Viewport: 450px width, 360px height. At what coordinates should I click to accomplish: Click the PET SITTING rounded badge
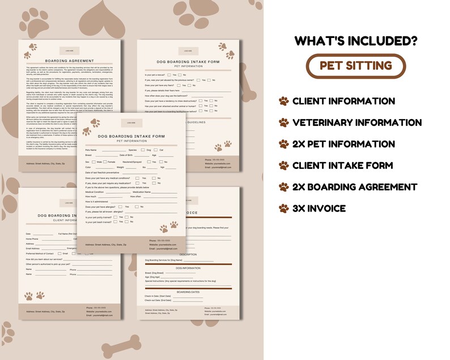point(356,65)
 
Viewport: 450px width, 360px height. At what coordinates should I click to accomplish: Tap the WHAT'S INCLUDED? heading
point(356,40)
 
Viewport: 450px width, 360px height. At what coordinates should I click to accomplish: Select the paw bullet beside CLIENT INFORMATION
point(283,101)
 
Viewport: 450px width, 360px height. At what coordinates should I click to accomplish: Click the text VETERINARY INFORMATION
point(357,122)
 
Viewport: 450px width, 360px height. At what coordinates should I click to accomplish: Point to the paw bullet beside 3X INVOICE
point(283,209)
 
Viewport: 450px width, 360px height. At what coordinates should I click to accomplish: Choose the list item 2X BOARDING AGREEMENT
point(355,187)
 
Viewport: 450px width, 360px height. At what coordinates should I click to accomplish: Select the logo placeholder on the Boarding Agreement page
point(70,50)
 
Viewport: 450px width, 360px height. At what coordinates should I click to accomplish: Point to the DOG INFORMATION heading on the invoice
point(187,267)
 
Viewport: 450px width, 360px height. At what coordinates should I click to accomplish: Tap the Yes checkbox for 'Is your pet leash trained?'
point(115,223)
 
